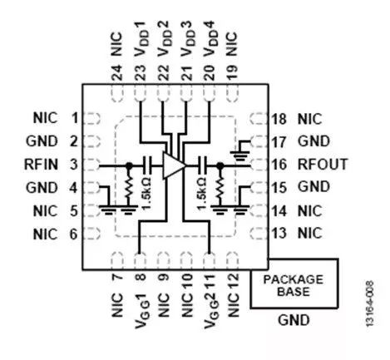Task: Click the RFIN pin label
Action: (41, 165)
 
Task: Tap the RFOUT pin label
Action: (323, 164)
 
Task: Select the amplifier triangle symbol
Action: (174, 165)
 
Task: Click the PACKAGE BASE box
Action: (294, 284)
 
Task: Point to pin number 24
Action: (117, 72)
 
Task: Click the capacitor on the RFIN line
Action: (147, 165)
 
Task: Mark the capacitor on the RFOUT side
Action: (202, 165)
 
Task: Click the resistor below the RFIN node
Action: (128, 187)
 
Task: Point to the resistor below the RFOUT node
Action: (220, 187)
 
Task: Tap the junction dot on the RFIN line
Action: (129, 165)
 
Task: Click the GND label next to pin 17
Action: (313, 141)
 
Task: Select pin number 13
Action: (279, 233)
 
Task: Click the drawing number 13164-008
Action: (369, 303)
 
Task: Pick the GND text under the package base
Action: (294, 320)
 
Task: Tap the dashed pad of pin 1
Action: (91, 118)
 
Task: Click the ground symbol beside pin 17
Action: (240, 151)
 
